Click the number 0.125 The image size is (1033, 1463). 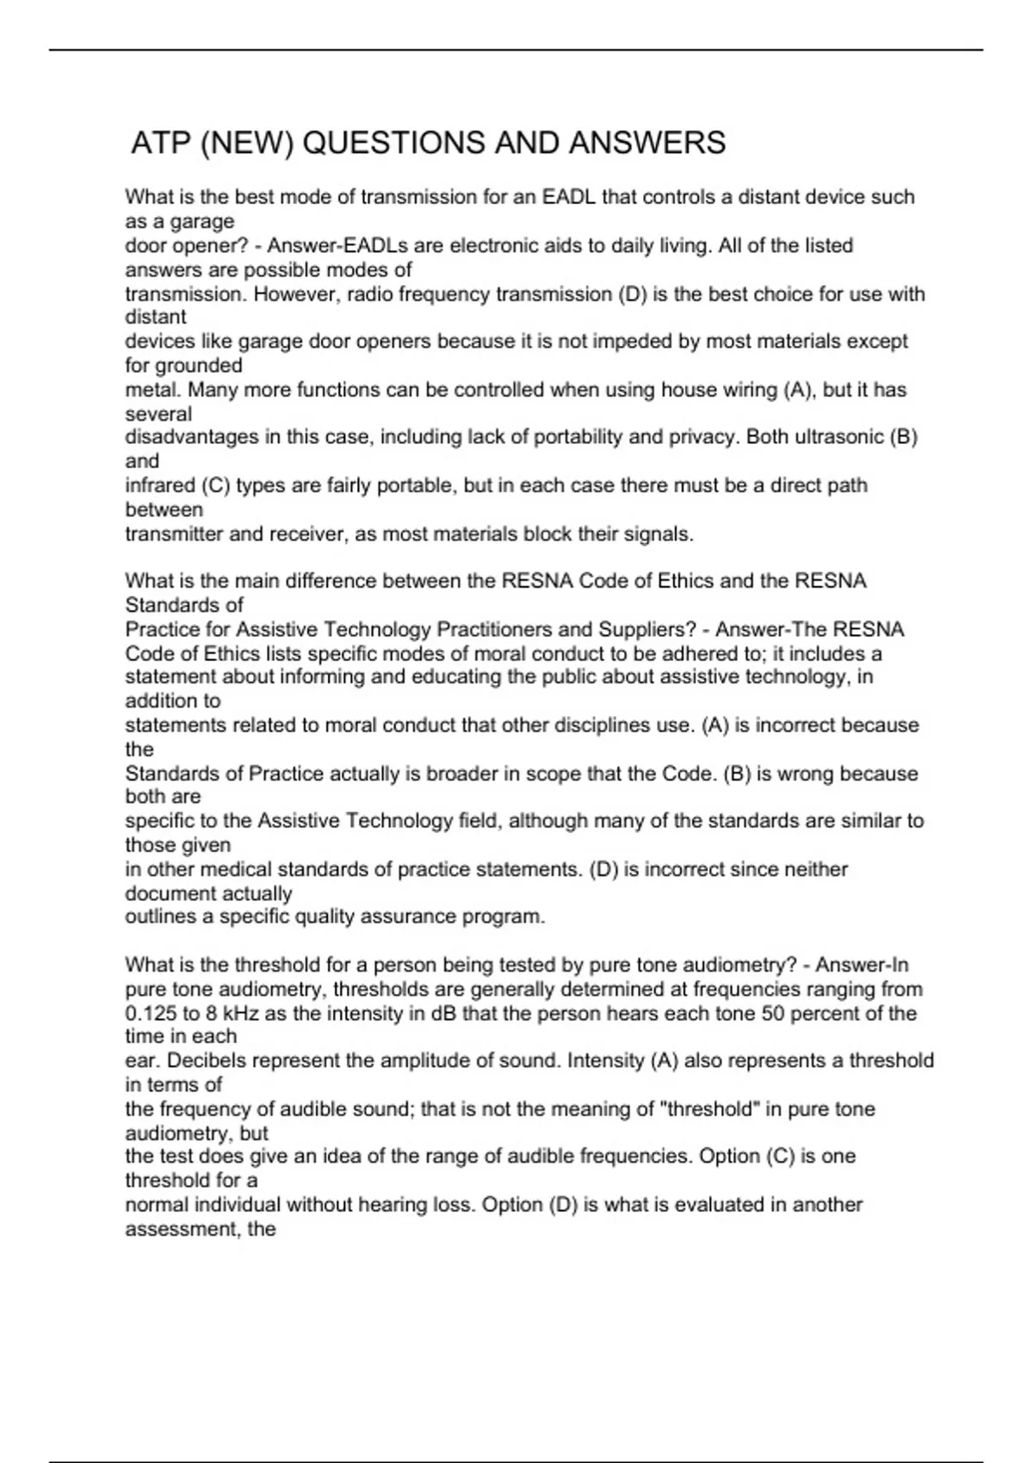coord(151,1013)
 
